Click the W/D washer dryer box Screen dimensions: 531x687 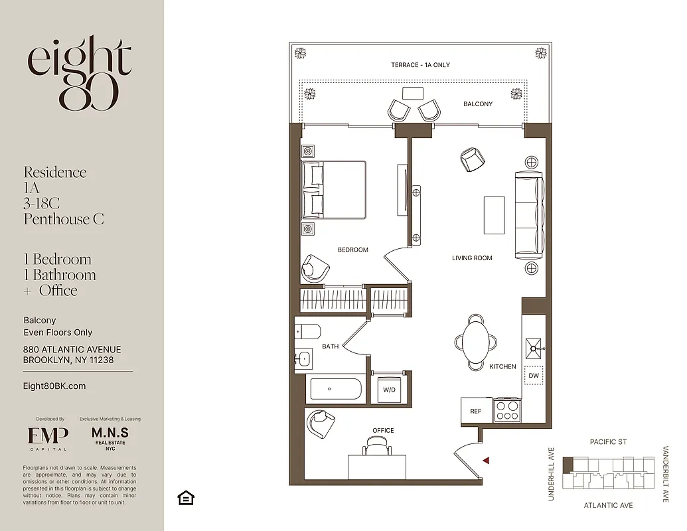388,390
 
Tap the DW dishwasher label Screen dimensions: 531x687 533,376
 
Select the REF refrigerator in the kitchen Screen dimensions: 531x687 476,411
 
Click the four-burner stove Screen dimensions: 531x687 507,409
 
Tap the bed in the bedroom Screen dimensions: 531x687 334,190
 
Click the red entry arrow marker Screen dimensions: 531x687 486,460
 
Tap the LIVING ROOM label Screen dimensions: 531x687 472,258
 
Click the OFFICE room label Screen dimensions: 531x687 383,431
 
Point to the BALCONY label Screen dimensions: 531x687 478,104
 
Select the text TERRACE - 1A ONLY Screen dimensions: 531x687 420,65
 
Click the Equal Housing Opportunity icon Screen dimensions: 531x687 186,497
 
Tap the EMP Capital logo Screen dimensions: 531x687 48,437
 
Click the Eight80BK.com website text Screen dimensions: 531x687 54,386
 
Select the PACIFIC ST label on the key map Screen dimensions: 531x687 608,442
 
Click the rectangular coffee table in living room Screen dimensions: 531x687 494,215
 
